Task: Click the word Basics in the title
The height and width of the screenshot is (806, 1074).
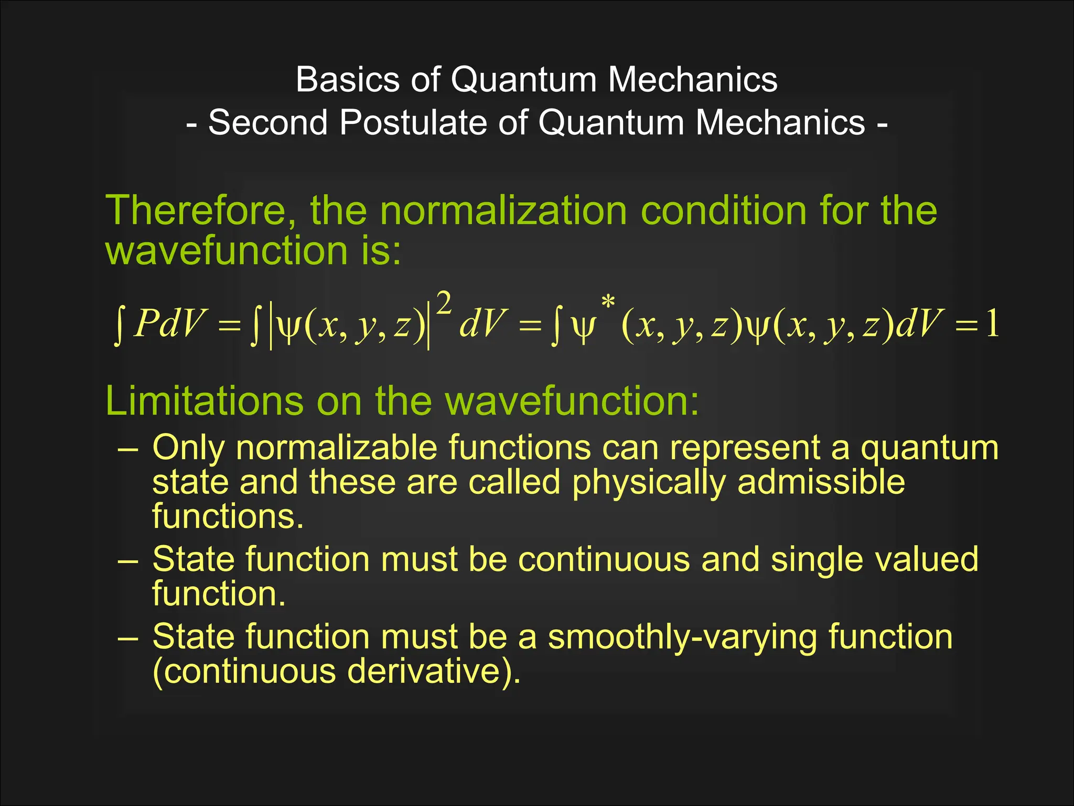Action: (x=348, y=80)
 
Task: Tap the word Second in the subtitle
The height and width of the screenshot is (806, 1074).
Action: (x=267, y=123)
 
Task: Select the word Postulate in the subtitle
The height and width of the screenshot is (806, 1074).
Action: (x=413, y=123)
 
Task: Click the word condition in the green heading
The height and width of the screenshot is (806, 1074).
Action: (x=723, y=210)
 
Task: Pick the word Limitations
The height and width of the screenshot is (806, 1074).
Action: (x=204, y=401)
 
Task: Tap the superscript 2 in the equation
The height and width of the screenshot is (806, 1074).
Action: (x=444, y=304)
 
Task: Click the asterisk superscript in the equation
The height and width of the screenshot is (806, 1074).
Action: (x=608, y=302)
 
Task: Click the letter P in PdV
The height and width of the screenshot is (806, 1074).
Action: (x=146, y=324)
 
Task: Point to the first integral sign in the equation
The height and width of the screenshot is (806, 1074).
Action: (x=119, y=325)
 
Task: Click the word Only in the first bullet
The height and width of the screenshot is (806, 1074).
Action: (x=188, y=449)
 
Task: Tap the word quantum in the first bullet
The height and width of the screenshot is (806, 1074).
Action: (x=929, y=449)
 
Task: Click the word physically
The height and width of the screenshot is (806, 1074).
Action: (x=649, y=483)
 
